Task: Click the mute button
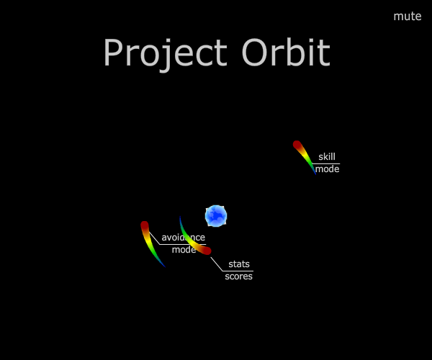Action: click(408, 17)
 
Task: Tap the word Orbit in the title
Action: click(286, 52)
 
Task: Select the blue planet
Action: click(216, 216)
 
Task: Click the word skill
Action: click(327, 157)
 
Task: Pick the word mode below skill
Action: click(327, 169)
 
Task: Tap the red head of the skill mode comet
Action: click(297, 145)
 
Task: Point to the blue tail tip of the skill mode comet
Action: click(316, 174)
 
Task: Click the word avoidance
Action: click(183, 237)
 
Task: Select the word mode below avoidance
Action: click(184, 250)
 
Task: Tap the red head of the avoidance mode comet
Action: click(145, 225)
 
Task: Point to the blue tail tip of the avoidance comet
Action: click(165, 266)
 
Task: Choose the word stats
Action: click(239, 264)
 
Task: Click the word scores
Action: click(238, 276)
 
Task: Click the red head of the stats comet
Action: click(207, 251)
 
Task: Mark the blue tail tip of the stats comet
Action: click(180, 217)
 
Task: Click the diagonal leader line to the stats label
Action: click(217, 264)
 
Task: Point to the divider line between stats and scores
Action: click(238, 271)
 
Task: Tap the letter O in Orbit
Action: click(255, 52)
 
